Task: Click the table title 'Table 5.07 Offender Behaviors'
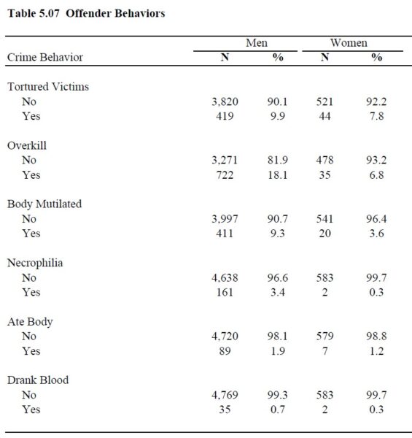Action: [86, 13]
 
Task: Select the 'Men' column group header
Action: [257, 43]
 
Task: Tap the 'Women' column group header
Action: [349, 43]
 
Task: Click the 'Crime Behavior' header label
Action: [45, 57]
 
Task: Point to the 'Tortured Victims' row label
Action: [48, 87]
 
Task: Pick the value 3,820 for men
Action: [225, 101]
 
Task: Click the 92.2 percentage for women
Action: [376, 101]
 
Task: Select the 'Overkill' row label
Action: [27, 145]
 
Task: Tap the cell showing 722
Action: [225, 175]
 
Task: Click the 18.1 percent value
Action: [278, 175]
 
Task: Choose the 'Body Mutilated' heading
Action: [44, 204]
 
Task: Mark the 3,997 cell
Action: [225, 219]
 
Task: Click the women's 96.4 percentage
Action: [376, 219]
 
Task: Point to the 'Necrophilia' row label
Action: [35, 263]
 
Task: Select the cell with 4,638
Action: [225, 277]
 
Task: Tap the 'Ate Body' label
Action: [30, 321]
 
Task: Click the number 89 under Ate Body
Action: [225, 351]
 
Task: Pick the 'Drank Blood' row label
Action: [38, 380]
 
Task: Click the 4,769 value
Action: [225, 395]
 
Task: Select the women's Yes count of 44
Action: [324, 116]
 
